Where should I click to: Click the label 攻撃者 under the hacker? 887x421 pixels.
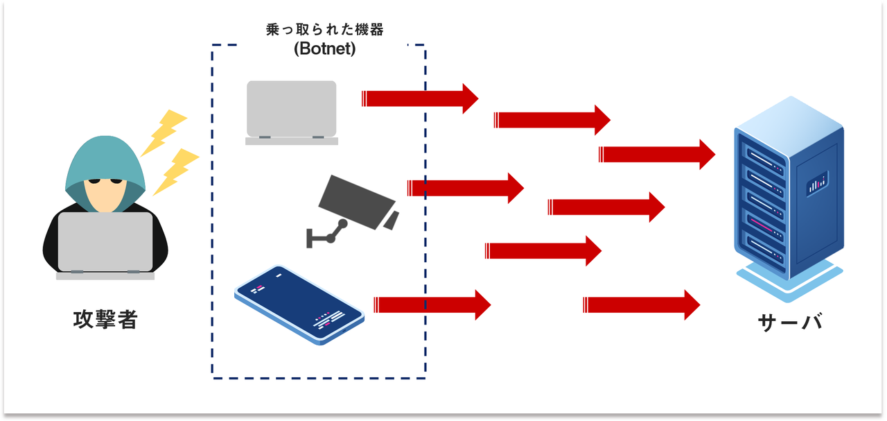click(x=105, y=320)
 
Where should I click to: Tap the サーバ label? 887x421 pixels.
click(x=790, y=322)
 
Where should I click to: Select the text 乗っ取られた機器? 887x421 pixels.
click(x=325, y=30)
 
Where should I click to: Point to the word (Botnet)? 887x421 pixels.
click(x=325, y=49)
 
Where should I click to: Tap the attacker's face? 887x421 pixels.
click(x=105, y=194)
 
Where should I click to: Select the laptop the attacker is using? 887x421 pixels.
click(x=105, y=246)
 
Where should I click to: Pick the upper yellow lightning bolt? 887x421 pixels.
click(x=164, y=132)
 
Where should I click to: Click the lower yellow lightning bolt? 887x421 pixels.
click(x=175, y=171)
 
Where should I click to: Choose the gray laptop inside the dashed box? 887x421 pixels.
click(x=292, y=112)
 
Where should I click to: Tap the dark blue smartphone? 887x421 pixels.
click(x=299, y=304)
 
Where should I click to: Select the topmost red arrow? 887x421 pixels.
click(x=420, y=98)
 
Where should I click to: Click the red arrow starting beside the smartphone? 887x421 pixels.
click(x=432, y=305)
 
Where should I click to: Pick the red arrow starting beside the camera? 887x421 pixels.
click(x=466, y=188)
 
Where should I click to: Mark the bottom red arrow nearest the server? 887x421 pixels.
click(x=642, y=305)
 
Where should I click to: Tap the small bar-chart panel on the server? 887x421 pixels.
click(x=817, y=184)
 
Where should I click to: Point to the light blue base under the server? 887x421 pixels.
click(x=789, y=280)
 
